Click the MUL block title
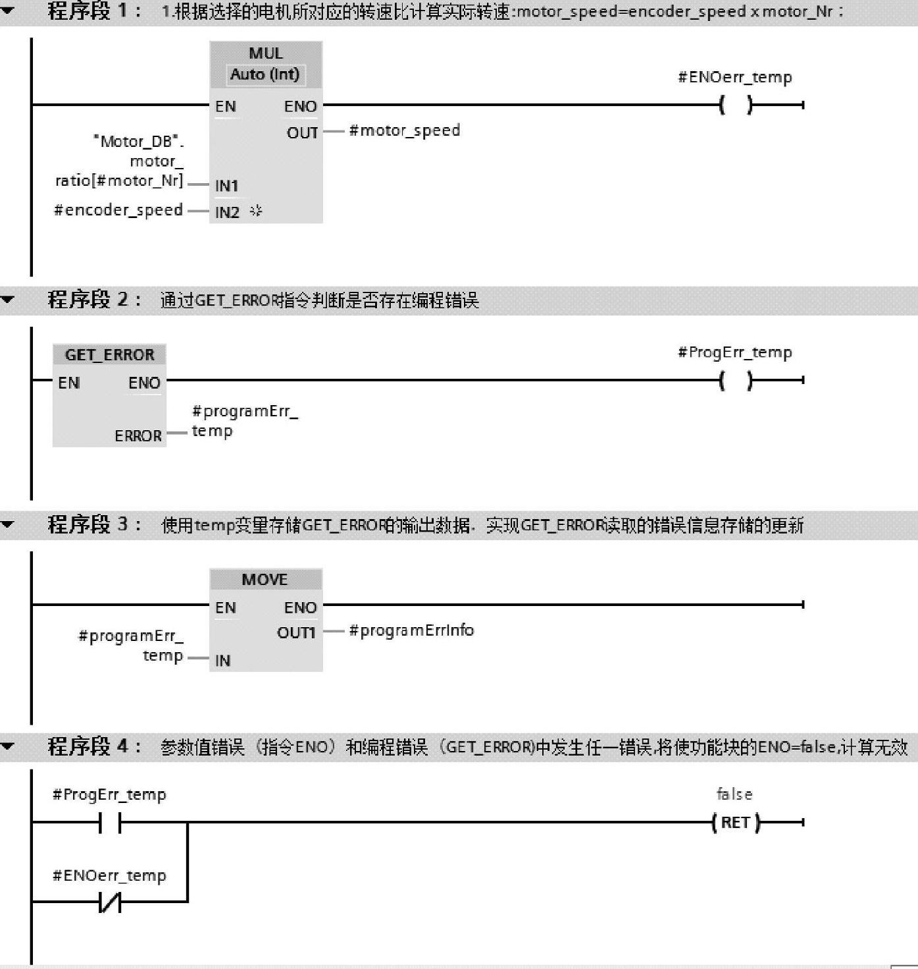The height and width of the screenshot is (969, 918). coord(265,53)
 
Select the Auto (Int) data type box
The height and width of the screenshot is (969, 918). coord(265,74)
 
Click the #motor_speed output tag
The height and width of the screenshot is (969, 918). coord(404,130)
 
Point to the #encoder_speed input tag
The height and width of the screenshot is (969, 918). coord(118,210)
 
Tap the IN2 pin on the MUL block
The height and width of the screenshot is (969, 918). coord(227,212)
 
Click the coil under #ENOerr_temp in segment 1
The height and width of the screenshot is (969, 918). coord(736,105)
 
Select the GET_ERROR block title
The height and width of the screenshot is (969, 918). coord(109,355)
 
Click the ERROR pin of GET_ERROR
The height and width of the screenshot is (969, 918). coord(138,435)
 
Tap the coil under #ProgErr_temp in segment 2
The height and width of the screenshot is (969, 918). coord(736,380)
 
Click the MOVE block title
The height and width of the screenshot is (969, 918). coord(265,580)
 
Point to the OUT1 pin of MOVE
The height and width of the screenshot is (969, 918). coord(296,633)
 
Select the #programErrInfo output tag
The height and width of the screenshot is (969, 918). coord(411,630)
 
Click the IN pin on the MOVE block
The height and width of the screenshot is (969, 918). coord(222,661)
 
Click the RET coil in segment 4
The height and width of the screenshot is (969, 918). coord(736,823)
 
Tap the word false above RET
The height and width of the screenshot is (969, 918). coord(734,794)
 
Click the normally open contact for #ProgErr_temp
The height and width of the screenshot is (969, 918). coord(110,823)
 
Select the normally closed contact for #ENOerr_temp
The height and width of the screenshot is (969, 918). coord(110,902)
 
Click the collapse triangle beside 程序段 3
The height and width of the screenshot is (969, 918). coord(8,525)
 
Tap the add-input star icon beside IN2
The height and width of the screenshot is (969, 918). coord(256,211)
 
